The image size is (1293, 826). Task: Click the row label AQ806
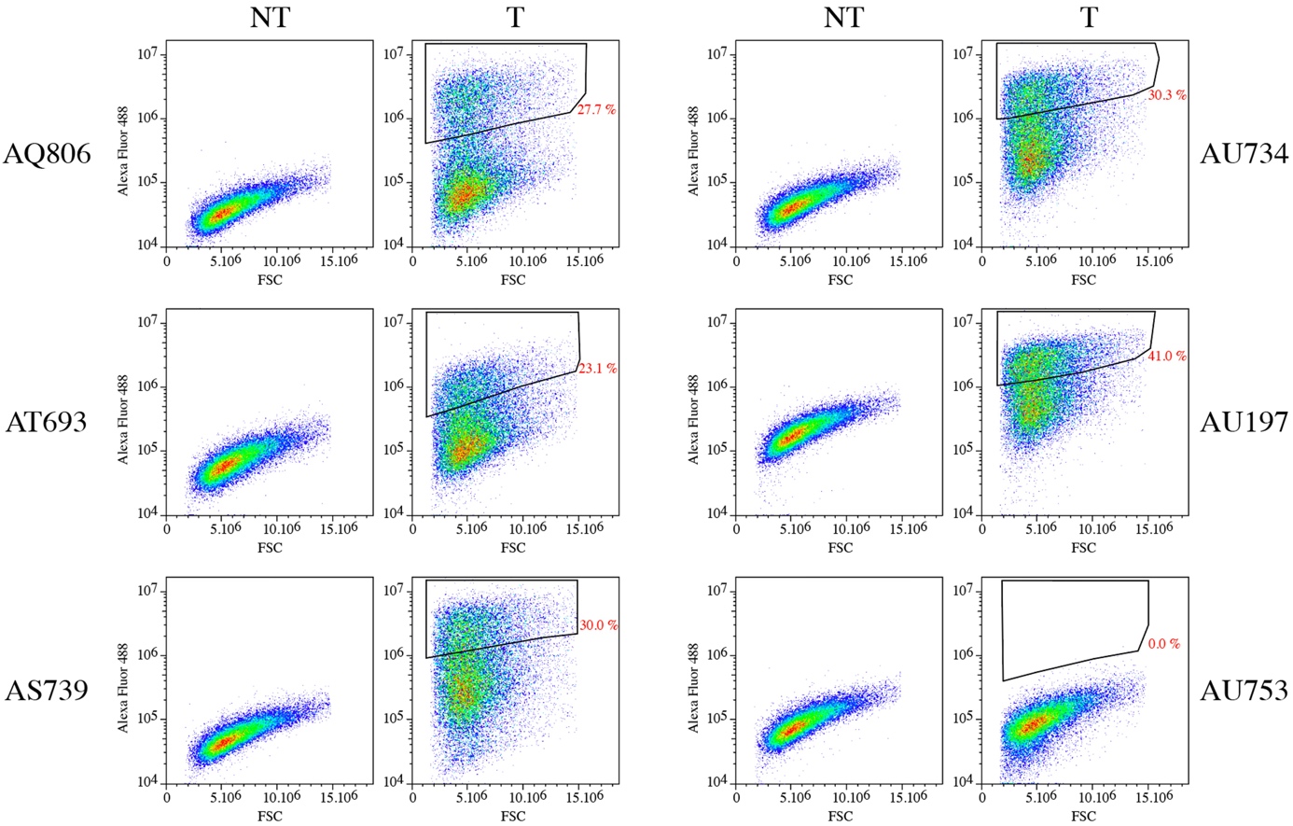pyautogui.click(x=47, y=153)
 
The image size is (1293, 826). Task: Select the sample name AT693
pyautogui.click(x=46, y=422)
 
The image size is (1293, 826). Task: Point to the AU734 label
pyautogui.click(x=1244, y=153)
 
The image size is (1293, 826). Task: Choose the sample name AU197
pyautogui.click(x=1244, y=422)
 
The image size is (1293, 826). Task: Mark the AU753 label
pyautogui.click(x=1244, y=690)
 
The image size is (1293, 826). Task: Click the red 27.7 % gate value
pyautogui.click(x=597, y=109)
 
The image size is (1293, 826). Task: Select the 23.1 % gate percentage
pyautogui.click(x=597, y=369)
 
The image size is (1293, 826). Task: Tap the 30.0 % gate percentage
pyautogui.click(x=599, y=625)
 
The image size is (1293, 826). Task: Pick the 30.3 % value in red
pyautogui.click(x=1167, y=95)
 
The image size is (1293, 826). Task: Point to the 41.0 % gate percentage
pyautogui.click(x=1167, y=356)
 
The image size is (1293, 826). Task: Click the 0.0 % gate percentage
pyautogui.click(x=1163, y=644)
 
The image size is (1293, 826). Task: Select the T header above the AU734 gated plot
pyautogui.click(x=1088, y=17)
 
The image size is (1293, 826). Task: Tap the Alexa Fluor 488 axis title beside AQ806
pyautogui.click(x=123, y=149)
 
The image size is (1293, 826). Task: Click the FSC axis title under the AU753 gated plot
pyautogui.click(x=1083, y=817)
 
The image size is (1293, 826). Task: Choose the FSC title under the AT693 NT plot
pyautogui.click(x=270, y=548)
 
